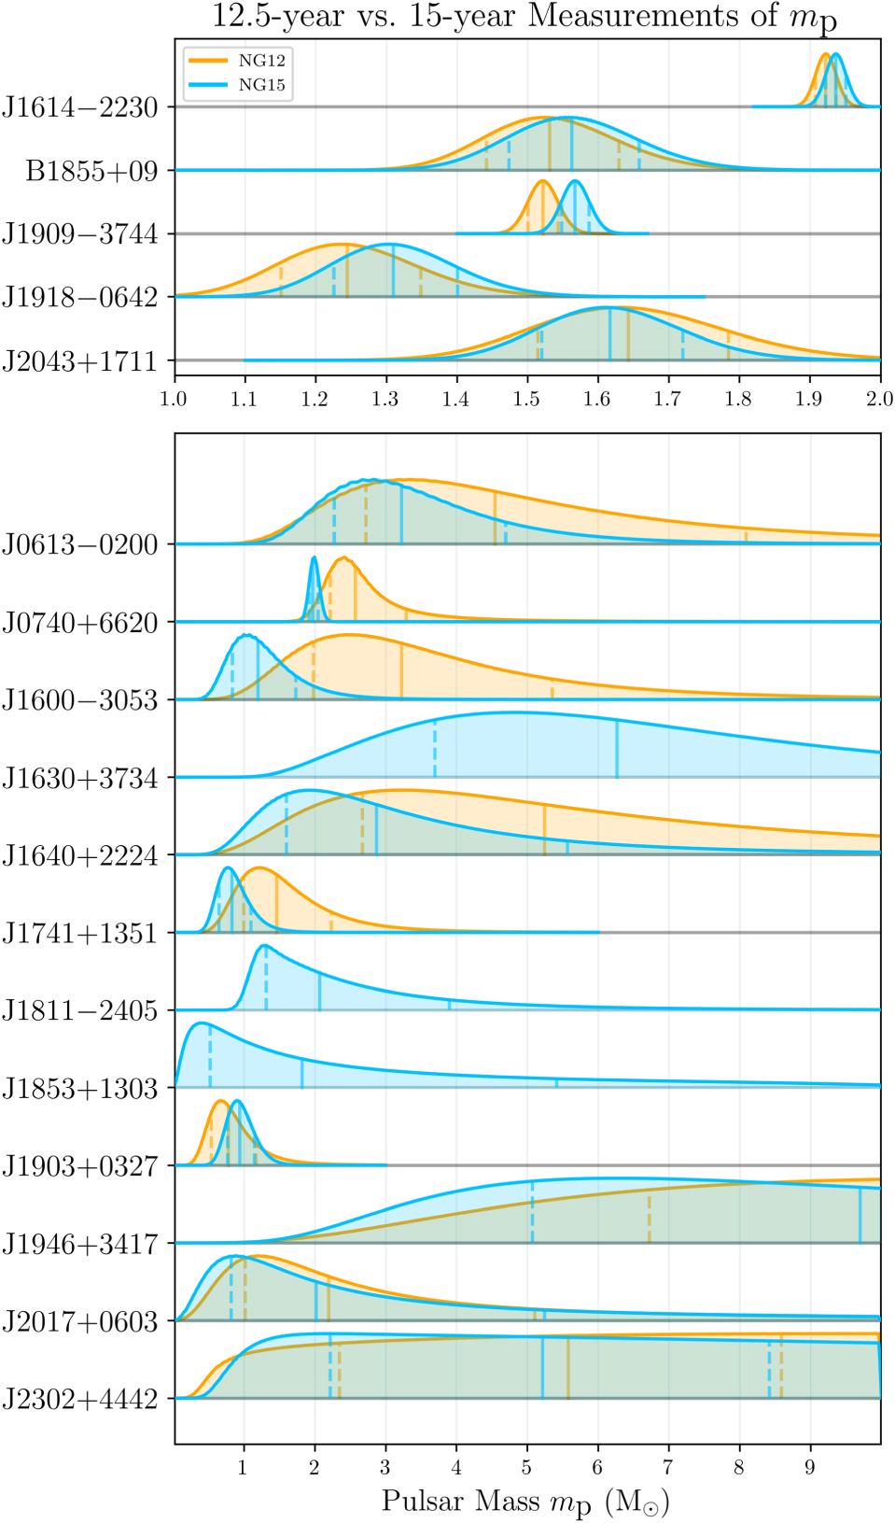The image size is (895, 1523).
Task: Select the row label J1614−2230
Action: tap(80, 107)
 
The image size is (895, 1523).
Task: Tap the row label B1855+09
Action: tap(92, 171)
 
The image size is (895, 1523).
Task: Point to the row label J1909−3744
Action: tap(80, 233)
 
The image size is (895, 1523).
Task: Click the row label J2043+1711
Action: tap(80, 360)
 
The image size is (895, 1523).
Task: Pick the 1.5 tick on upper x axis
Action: tap(527, 400)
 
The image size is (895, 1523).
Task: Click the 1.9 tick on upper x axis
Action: tap(810, 400)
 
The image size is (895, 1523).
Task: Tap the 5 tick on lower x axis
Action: tap(527, 1467)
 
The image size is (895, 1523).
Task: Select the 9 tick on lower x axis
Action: tap(810, 1467)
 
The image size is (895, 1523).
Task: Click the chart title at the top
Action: tap(525, 17)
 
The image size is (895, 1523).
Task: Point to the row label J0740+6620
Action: tap(80, 623)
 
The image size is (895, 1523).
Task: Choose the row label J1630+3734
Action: tap(80, 778)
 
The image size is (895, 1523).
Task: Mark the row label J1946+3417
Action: tap(80, 1244)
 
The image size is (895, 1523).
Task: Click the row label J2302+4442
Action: tap(80, 1399)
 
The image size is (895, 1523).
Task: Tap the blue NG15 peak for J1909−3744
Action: tap(575, 181)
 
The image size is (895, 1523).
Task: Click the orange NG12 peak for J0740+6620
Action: tap(343, 558)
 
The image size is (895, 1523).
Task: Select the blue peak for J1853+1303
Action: tap(199, 1023)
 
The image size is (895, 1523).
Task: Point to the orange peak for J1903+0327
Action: tap(221, 1101)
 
